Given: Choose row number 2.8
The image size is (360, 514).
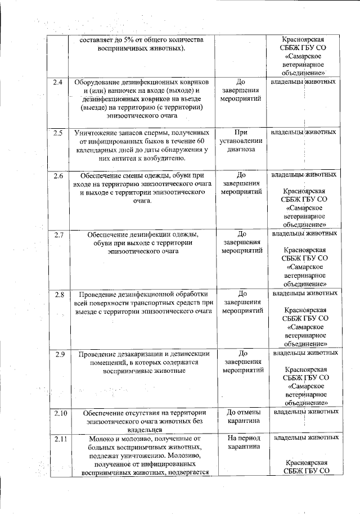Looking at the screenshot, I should click(57, 294).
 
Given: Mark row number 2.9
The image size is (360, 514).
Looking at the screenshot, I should click(57, 354).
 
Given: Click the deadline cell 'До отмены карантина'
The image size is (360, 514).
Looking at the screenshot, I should click(242, 417).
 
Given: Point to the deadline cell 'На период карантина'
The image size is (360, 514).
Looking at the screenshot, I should click(242, 441).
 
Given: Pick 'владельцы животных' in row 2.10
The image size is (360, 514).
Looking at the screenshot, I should click(305, 412).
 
